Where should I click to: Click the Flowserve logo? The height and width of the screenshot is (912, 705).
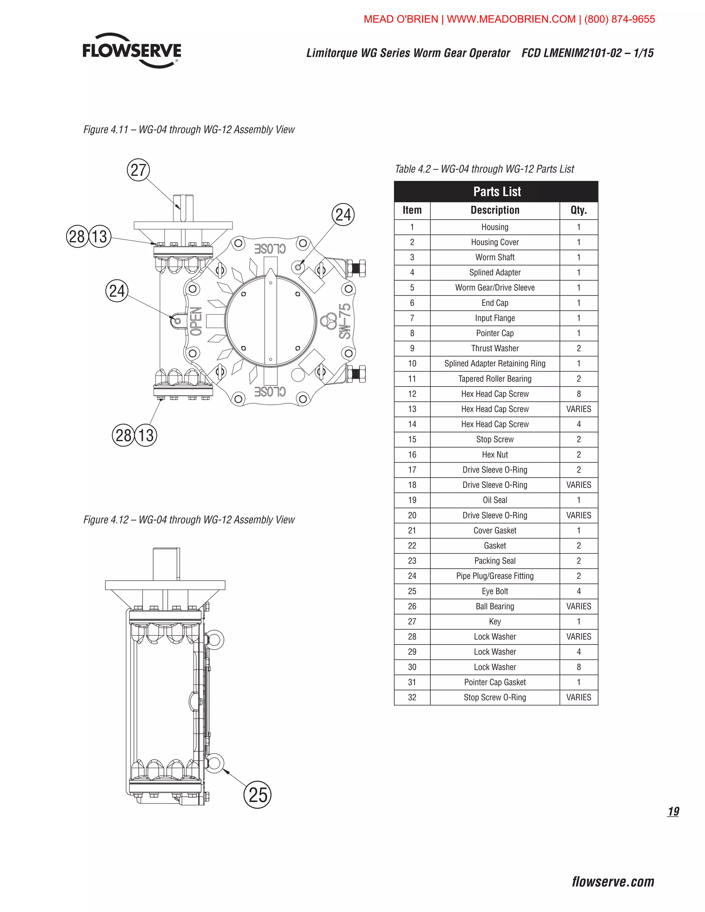[x=131, y=51]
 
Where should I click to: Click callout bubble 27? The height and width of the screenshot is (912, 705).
[x=138, y=170]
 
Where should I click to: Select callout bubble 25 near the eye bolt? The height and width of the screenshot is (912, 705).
[x=257, y=794]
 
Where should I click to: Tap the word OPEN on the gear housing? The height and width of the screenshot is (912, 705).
[x=196, y=321]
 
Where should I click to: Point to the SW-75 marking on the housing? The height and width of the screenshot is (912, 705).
[x=345, y=321]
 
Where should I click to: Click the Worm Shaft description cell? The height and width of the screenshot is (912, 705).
[x=495, y=257]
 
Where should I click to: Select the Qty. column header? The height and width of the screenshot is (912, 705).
[x=578, y=210]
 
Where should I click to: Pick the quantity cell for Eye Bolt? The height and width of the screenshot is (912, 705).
[x=578, y=591]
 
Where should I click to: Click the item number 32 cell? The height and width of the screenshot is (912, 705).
[x=412, y=697]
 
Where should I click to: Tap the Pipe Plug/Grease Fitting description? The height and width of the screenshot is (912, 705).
[x=495, y=576]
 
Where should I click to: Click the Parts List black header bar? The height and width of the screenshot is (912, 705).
[x=496, y=192]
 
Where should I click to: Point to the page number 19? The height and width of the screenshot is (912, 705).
[x=673, y=812]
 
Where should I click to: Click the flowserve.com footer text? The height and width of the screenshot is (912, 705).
[x=613, y=881]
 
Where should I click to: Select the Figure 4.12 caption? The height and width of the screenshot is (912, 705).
[x=189, y=520]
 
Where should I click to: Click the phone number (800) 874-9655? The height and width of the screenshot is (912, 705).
[x=619, y=19]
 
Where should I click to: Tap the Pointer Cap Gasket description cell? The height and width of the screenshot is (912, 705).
[x=495, y=682]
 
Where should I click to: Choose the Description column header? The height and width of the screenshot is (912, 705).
[x=495, y=210]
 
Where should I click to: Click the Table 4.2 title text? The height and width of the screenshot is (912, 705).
[x=484, y=169]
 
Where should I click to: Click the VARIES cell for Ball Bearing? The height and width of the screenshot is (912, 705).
[x=578, y=606]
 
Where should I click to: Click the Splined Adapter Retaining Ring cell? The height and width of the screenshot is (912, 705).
[x=495, y=363]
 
